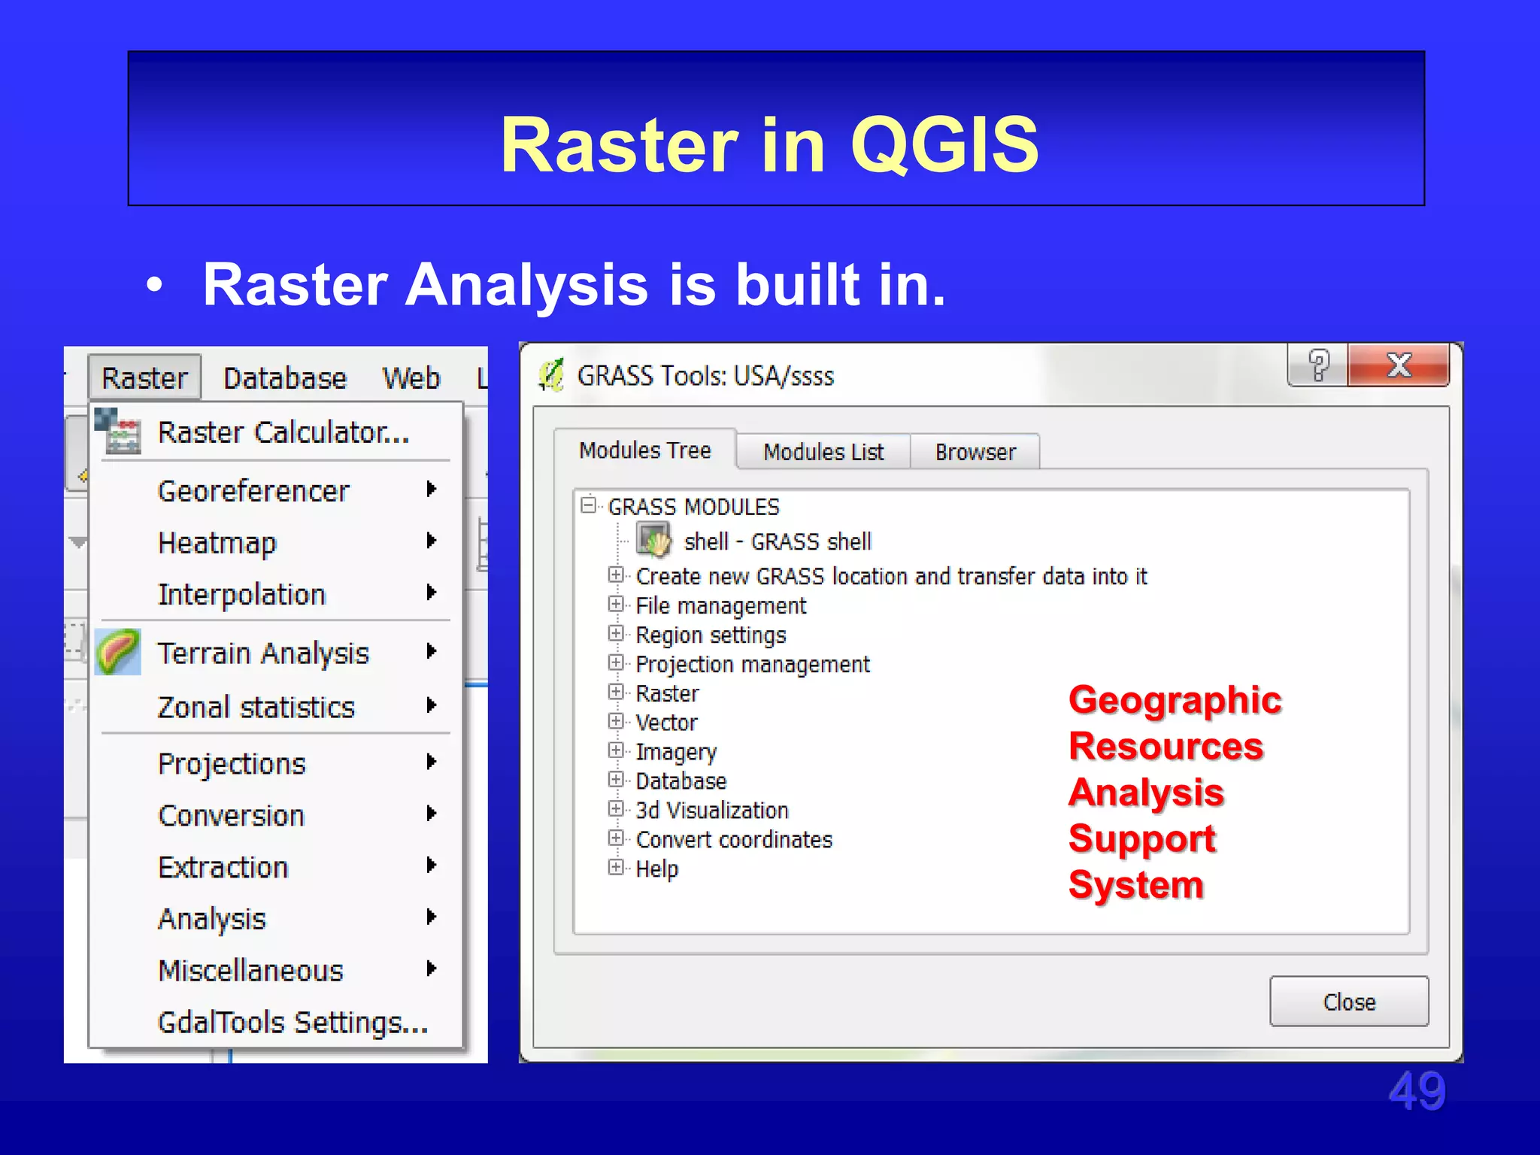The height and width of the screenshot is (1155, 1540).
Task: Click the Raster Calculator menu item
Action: [283, 433]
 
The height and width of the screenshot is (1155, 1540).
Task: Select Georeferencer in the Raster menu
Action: [253, 491]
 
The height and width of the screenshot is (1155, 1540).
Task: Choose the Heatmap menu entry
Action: [217, 542]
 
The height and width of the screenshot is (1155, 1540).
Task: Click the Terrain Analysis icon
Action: [118, 651]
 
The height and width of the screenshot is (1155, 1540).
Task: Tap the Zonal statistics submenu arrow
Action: [431, 705]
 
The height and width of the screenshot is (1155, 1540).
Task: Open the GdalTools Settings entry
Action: [293, 1023]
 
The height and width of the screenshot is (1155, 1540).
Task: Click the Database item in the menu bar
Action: [285, 378]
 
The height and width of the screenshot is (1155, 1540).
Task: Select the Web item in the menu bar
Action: [411, 378]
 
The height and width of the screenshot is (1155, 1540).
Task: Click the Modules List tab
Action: [823, 452]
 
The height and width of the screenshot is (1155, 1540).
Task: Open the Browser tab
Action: [975, 452]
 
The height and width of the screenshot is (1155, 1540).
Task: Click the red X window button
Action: [1398, 365]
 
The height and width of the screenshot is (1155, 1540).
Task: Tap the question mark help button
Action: [1318, 365]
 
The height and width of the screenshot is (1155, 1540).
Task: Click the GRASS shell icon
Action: [653, 541]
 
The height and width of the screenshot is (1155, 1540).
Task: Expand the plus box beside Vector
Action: [616, 721]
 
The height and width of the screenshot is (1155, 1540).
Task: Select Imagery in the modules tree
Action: [676, 752]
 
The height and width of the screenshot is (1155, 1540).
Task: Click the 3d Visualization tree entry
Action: [711, 811]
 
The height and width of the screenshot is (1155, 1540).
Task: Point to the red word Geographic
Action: [1175, 700]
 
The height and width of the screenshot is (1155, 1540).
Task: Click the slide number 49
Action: [1417, 1091]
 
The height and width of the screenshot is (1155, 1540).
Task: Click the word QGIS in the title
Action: [944, 144]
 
